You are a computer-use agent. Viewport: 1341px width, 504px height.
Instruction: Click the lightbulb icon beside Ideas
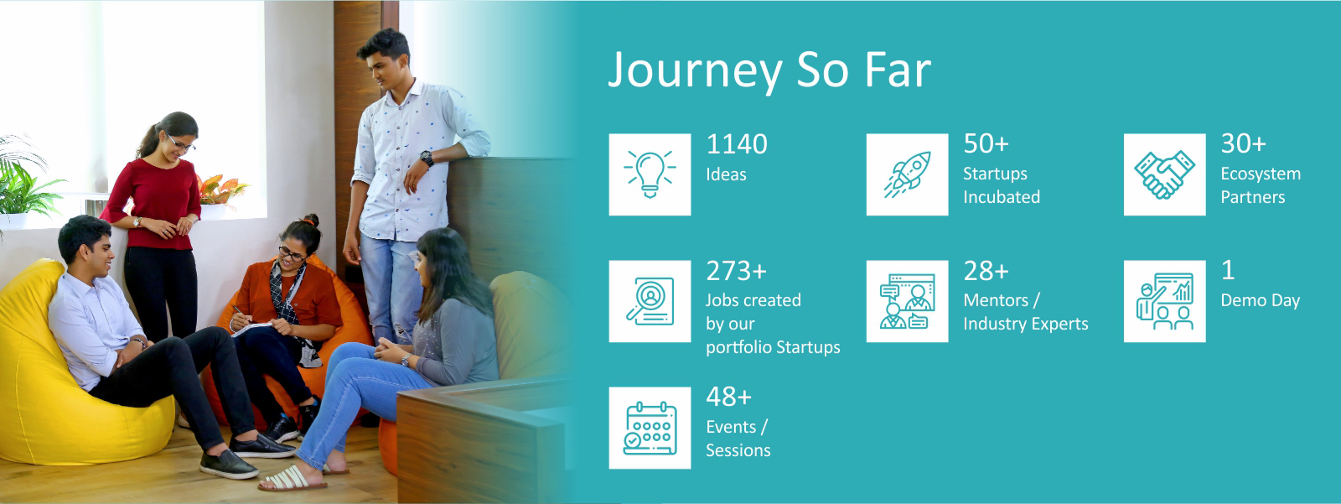650,174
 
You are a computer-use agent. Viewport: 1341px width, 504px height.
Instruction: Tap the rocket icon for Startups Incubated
908,174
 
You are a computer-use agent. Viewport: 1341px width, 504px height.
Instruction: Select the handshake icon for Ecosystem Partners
1164,174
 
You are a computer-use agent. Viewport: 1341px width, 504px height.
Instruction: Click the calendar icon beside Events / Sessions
650,428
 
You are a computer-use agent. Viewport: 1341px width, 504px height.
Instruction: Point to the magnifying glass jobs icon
650,301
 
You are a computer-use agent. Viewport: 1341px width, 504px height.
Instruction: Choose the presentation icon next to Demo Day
1164,301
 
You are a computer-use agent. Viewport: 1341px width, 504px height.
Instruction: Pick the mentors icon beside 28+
908,301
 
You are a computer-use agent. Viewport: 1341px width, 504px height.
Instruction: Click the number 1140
737,144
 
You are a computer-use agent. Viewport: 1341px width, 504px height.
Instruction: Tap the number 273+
736,272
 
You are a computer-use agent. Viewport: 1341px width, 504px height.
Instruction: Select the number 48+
728,397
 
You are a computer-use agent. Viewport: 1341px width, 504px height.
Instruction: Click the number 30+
1244,144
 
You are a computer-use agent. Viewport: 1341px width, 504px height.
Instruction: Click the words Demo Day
1261,300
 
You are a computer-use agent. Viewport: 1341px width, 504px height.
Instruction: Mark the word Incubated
1002,197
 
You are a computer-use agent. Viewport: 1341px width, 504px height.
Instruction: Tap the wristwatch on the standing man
427,158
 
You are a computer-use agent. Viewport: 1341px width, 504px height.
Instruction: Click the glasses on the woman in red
181,144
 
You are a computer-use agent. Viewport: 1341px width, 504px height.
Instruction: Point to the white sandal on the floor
293,479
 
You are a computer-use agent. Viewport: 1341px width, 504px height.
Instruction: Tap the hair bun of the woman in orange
310,220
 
